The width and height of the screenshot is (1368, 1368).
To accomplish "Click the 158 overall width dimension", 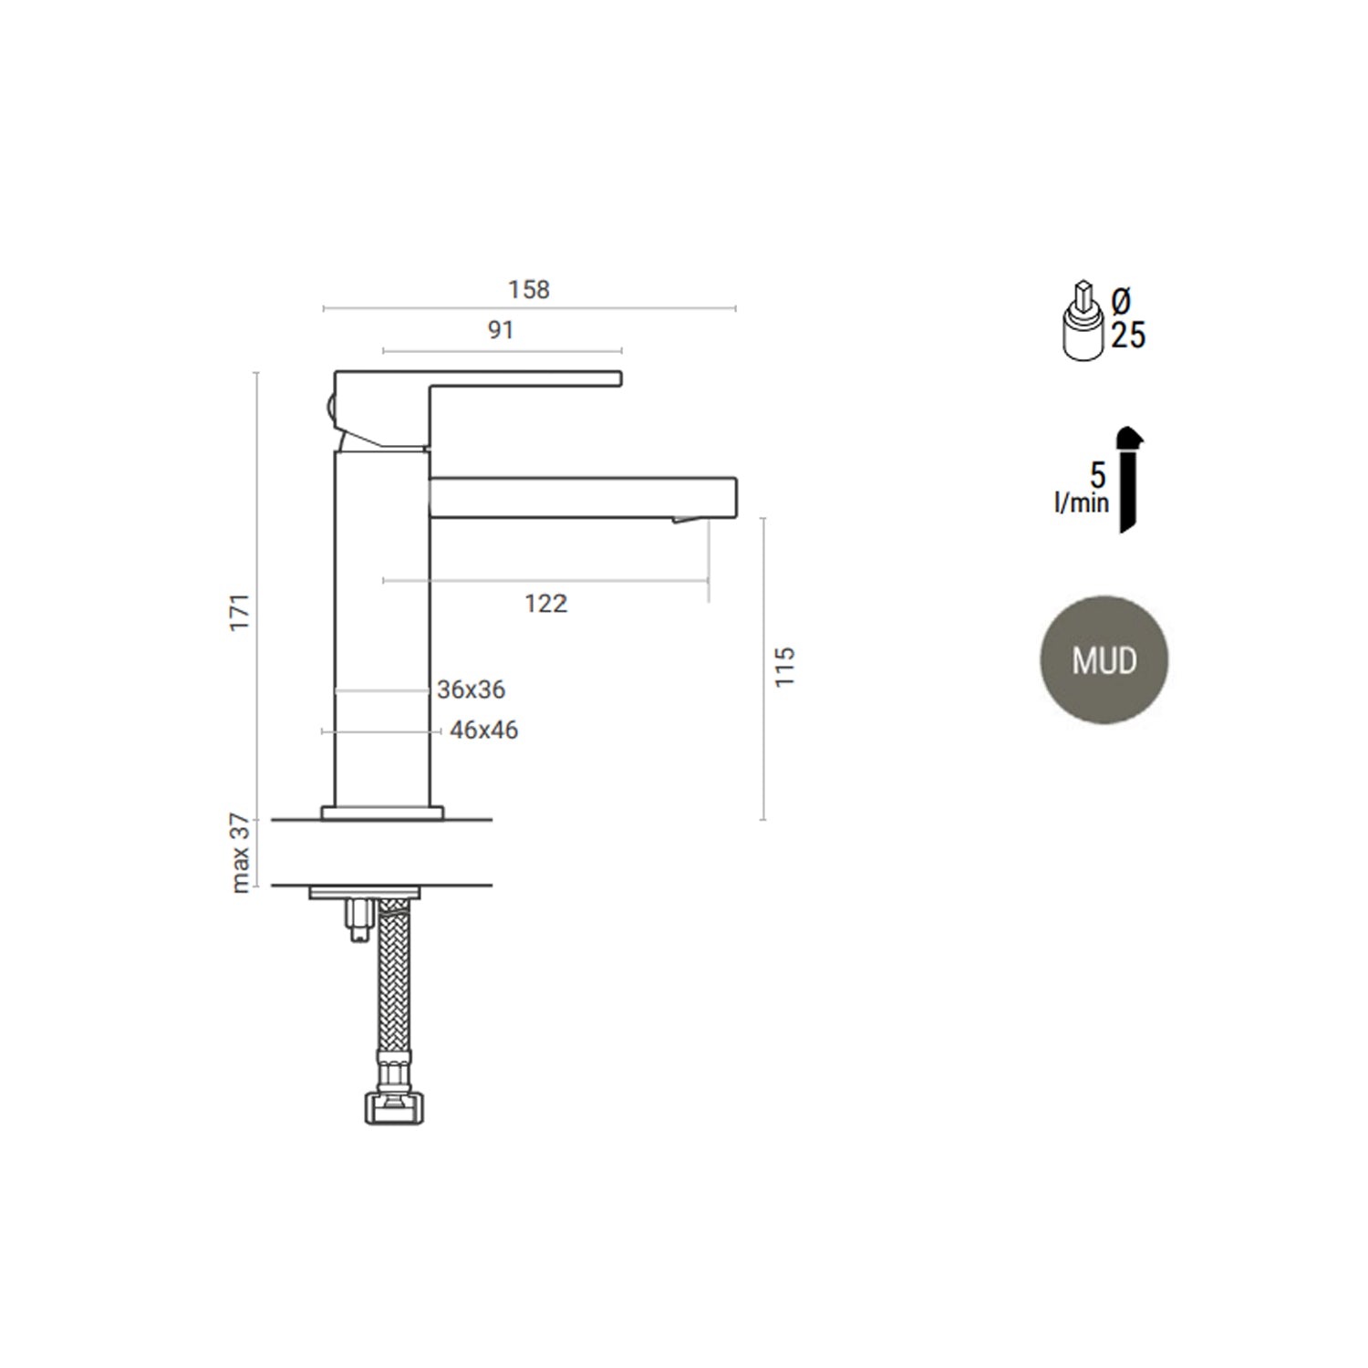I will (529, 290).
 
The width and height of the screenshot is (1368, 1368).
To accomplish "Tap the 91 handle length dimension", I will (501, 330).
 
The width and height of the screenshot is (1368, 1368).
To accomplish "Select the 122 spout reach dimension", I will (545, 603).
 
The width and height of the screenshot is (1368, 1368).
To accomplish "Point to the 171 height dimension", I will (239, 612).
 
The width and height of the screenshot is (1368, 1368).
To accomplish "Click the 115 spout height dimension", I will (784, 667).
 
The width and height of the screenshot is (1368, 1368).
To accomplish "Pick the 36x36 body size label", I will (471, 689).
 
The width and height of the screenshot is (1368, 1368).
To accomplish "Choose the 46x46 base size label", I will (483, 731).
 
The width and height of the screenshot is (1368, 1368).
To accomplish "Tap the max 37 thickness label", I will (240, 853).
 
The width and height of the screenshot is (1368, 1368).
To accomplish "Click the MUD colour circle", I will (1104, 660).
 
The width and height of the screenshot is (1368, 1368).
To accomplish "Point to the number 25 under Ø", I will (1128, 336).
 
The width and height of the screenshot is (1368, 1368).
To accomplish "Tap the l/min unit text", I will (1082, 503).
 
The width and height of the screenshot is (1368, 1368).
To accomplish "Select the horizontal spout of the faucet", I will (584, 497).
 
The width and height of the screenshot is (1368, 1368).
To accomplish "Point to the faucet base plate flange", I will (382, 813).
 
